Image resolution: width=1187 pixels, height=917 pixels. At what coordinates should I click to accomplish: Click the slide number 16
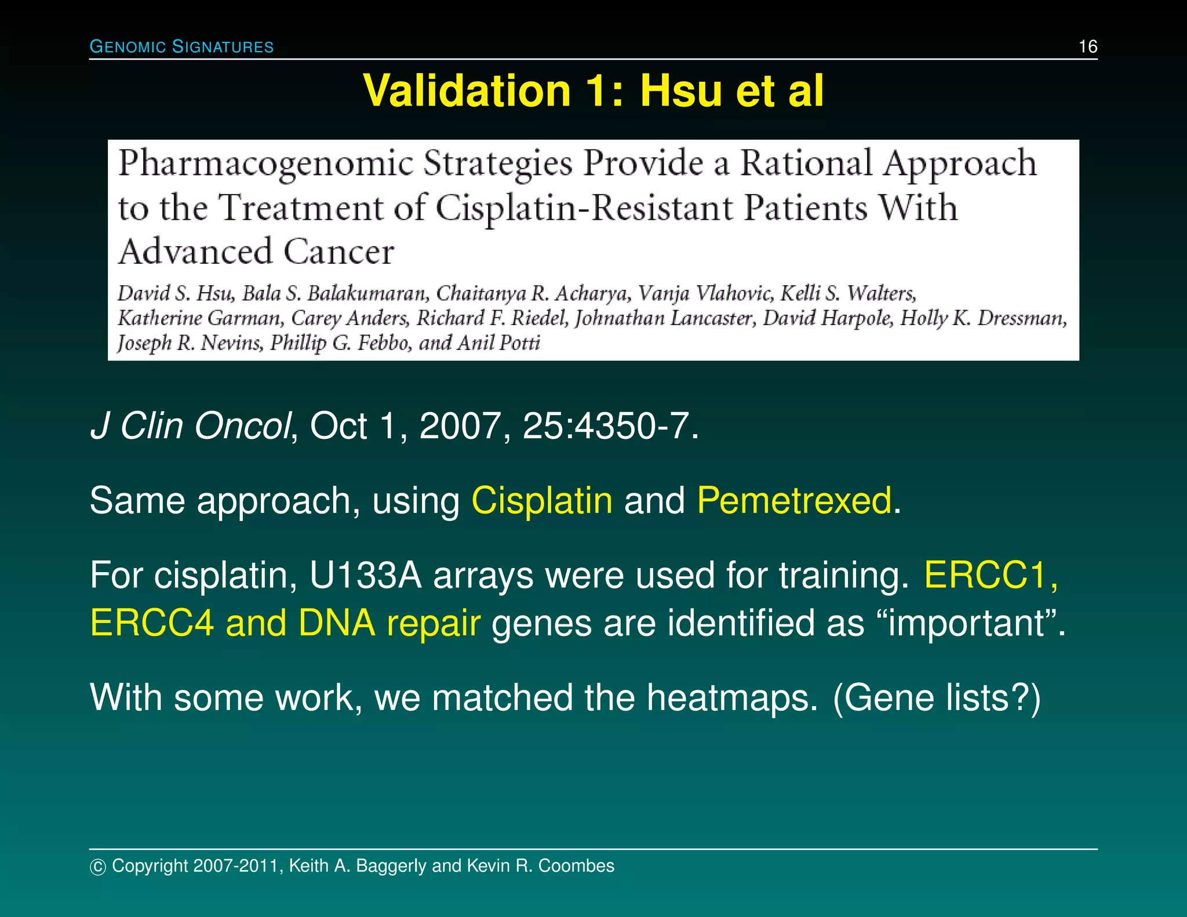1087,46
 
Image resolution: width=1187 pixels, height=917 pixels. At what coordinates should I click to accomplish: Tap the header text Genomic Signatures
181,47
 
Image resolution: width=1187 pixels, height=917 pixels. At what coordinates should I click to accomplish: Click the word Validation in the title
467,91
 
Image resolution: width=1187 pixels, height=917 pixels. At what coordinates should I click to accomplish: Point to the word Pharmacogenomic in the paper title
265,164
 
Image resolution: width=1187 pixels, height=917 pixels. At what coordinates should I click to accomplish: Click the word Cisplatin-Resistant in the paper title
584,209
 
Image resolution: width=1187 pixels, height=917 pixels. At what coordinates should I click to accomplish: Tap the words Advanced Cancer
256,252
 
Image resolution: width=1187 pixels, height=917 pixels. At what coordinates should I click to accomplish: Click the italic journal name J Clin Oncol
190,426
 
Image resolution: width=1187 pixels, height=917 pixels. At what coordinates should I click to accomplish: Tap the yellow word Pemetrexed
794,500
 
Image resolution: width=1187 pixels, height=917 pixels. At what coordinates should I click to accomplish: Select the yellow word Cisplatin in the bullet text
541,500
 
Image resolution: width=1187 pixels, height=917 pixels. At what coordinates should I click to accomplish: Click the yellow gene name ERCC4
152,623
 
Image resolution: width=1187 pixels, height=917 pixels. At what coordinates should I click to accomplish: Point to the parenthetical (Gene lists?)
936,697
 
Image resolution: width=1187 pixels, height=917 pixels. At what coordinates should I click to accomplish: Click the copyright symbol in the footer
98,867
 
